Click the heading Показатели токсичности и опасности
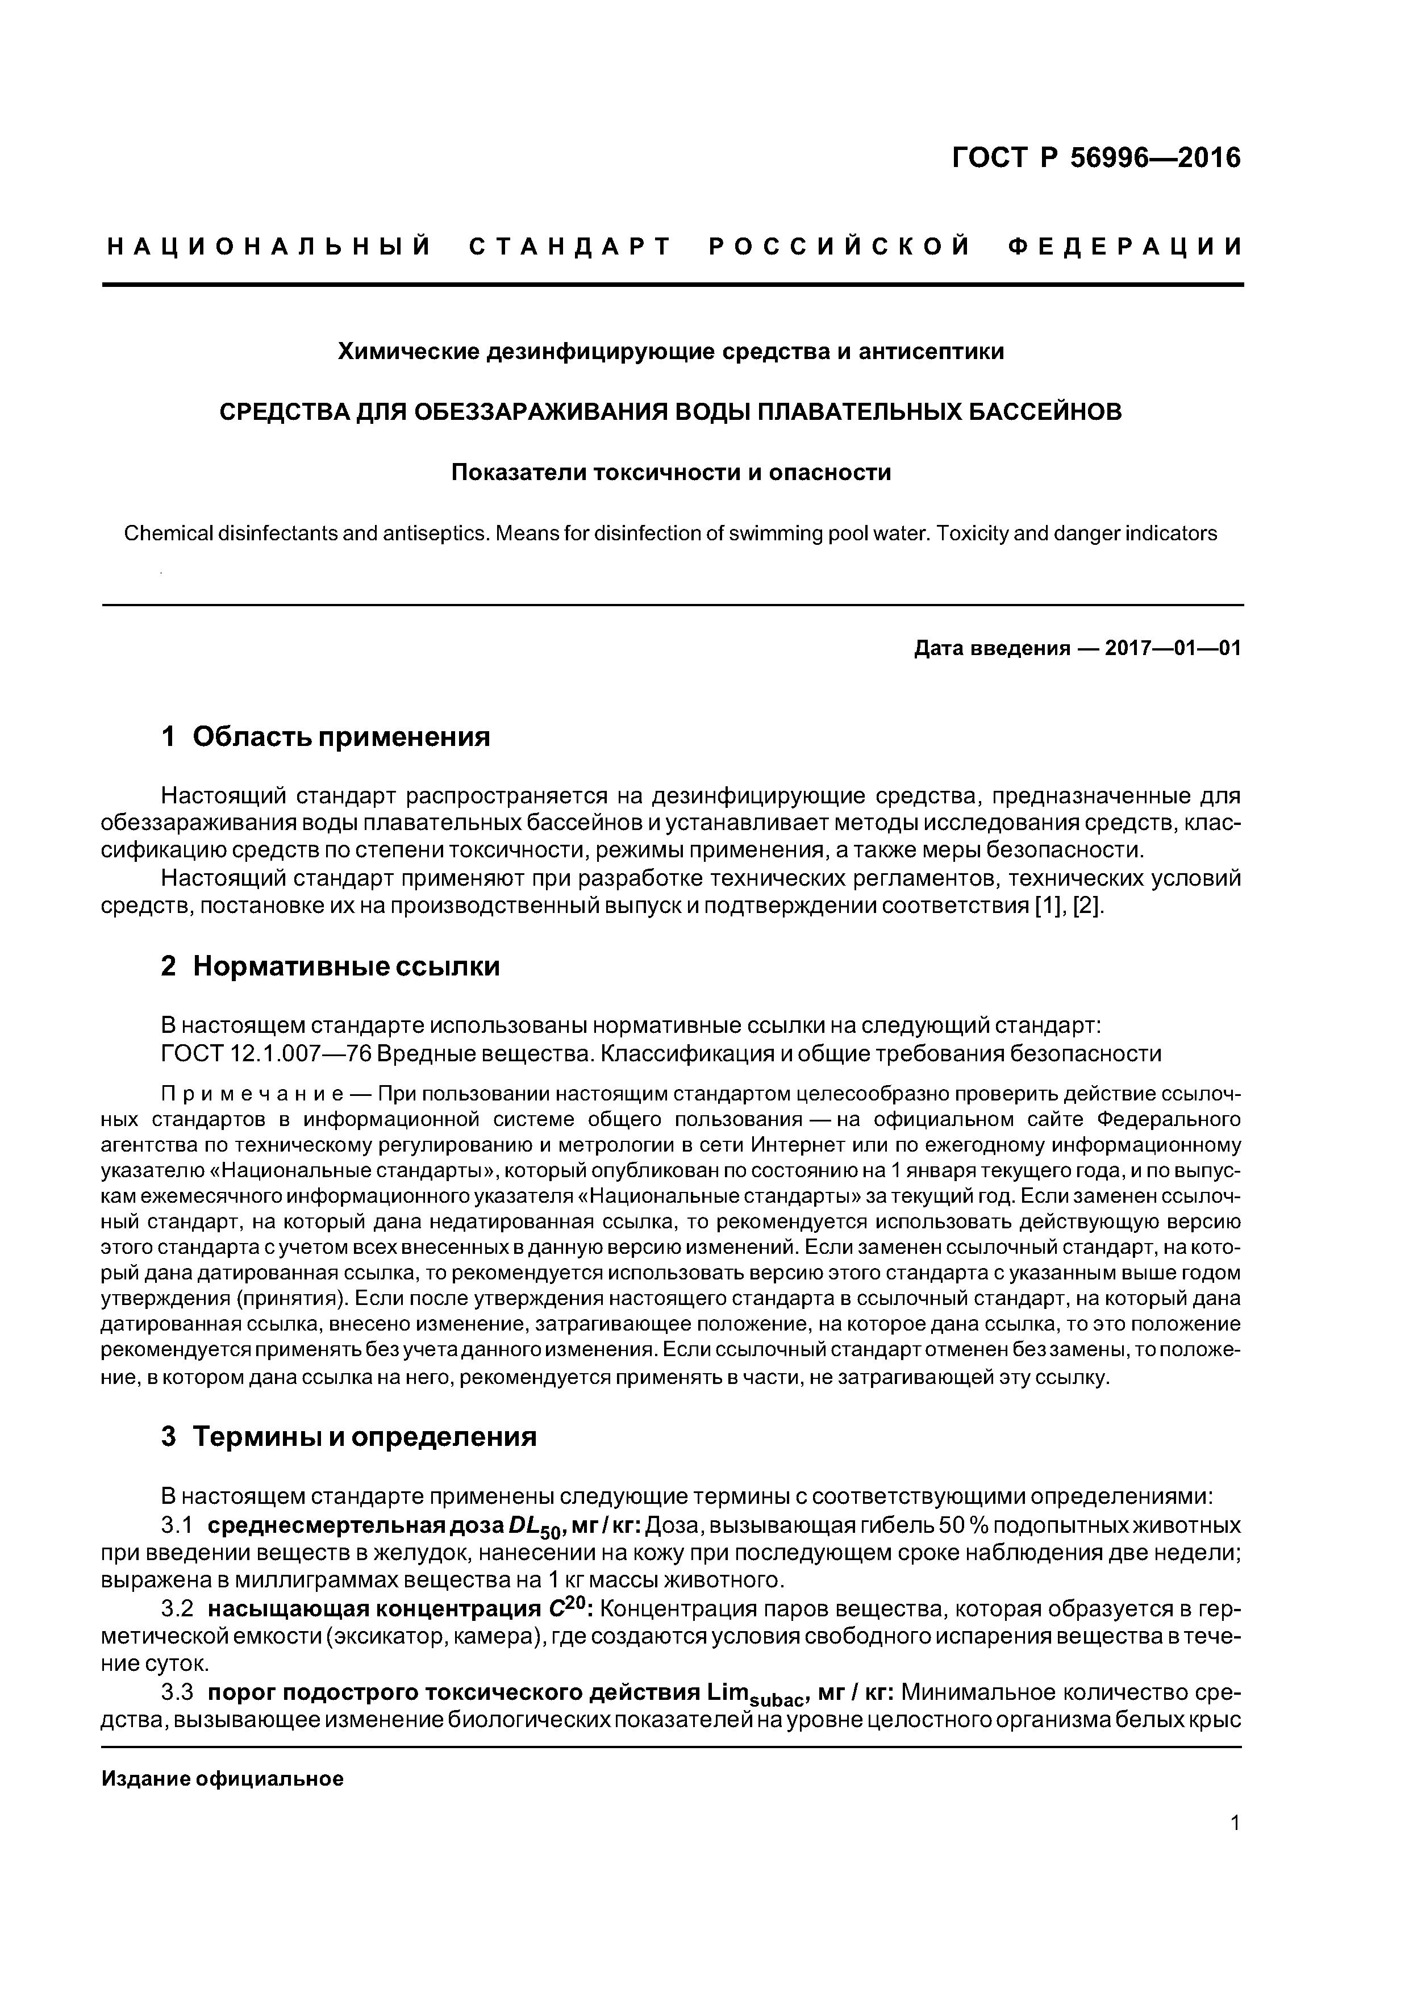pos(670,473)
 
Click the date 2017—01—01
pos(1172,648)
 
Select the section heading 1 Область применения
pos(326,737)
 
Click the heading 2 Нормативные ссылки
pos(330,966)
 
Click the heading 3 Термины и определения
pos(348,1437)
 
